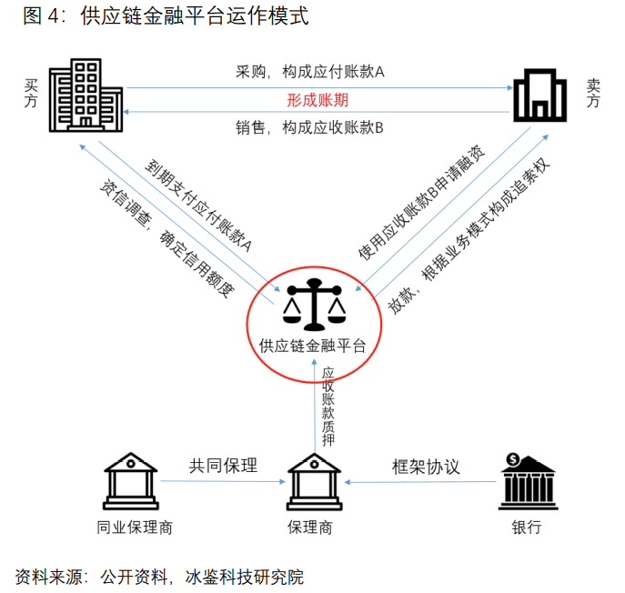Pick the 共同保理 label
point(224,467)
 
